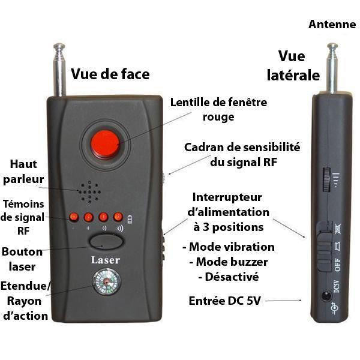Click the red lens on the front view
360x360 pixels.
point(105,145)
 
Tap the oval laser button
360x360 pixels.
point(107,242)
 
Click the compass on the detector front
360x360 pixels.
point(106,281)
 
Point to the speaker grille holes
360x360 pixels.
point(89,192)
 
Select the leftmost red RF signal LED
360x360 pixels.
point(74,217)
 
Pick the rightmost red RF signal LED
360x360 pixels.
point(118,217)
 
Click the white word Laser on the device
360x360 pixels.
point(106,260)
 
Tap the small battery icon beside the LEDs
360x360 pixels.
point(130,219)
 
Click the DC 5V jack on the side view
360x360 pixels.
point(326,295)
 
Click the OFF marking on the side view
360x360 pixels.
point(337,265)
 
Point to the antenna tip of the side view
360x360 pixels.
point(332,46)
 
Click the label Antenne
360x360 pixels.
point(332,25)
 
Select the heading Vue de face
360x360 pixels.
point(110,74)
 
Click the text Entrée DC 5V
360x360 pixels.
point(225,301)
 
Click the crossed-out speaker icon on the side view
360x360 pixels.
point(338,229)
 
